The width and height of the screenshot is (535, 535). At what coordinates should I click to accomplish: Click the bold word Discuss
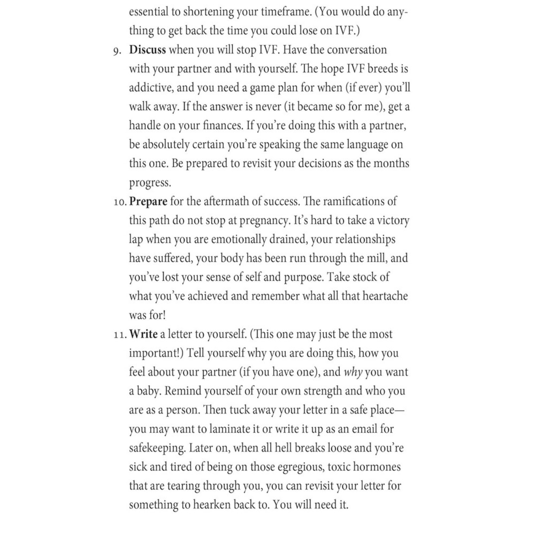148,49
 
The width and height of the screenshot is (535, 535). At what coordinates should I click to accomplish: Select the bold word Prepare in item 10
148,202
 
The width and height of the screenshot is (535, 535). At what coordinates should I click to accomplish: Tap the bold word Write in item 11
144,334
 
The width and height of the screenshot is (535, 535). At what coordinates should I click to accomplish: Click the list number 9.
117,50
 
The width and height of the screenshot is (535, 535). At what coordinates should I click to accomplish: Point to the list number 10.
120,202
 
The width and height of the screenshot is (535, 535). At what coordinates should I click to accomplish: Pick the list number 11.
120,335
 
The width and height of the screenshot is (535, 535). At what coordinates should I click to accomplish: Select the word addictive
150,87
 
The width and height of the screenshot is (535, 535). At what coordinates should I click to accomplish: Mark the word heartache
385,296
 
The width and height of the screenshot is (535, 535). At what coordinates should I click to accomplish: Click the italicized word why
353,372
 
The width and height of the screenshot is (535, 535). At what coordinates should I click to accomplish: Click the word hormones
378,467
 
